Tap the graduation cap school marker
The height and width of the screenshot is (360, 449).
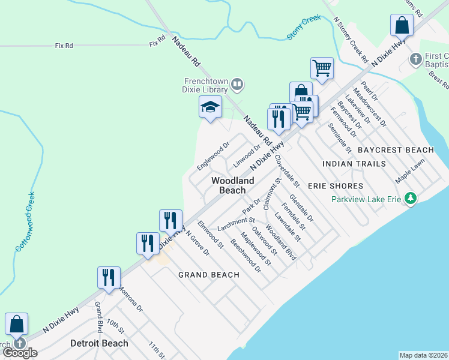(x=210, y=108)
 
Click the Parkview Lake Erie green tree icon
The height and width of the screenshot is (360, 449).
(x=411, y=198)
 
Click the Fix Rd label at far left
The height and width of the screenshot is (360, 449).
(x=64, y=45)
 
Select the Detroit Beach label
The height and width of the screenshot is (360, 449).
(x=99, y=343)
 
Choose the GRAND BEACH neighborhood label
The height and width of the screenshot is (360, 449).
(x=209, y=275)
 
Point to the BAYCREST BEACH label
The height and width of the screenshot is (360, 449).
(x=396, y=149)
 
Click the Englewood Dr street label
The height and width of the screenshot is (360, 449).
(x=214, y=155)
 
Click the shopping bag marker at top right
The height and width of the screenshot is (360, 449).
(x=402, y=26)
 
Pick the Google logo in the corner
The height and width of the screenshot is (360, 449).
(x=20, y=353)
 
